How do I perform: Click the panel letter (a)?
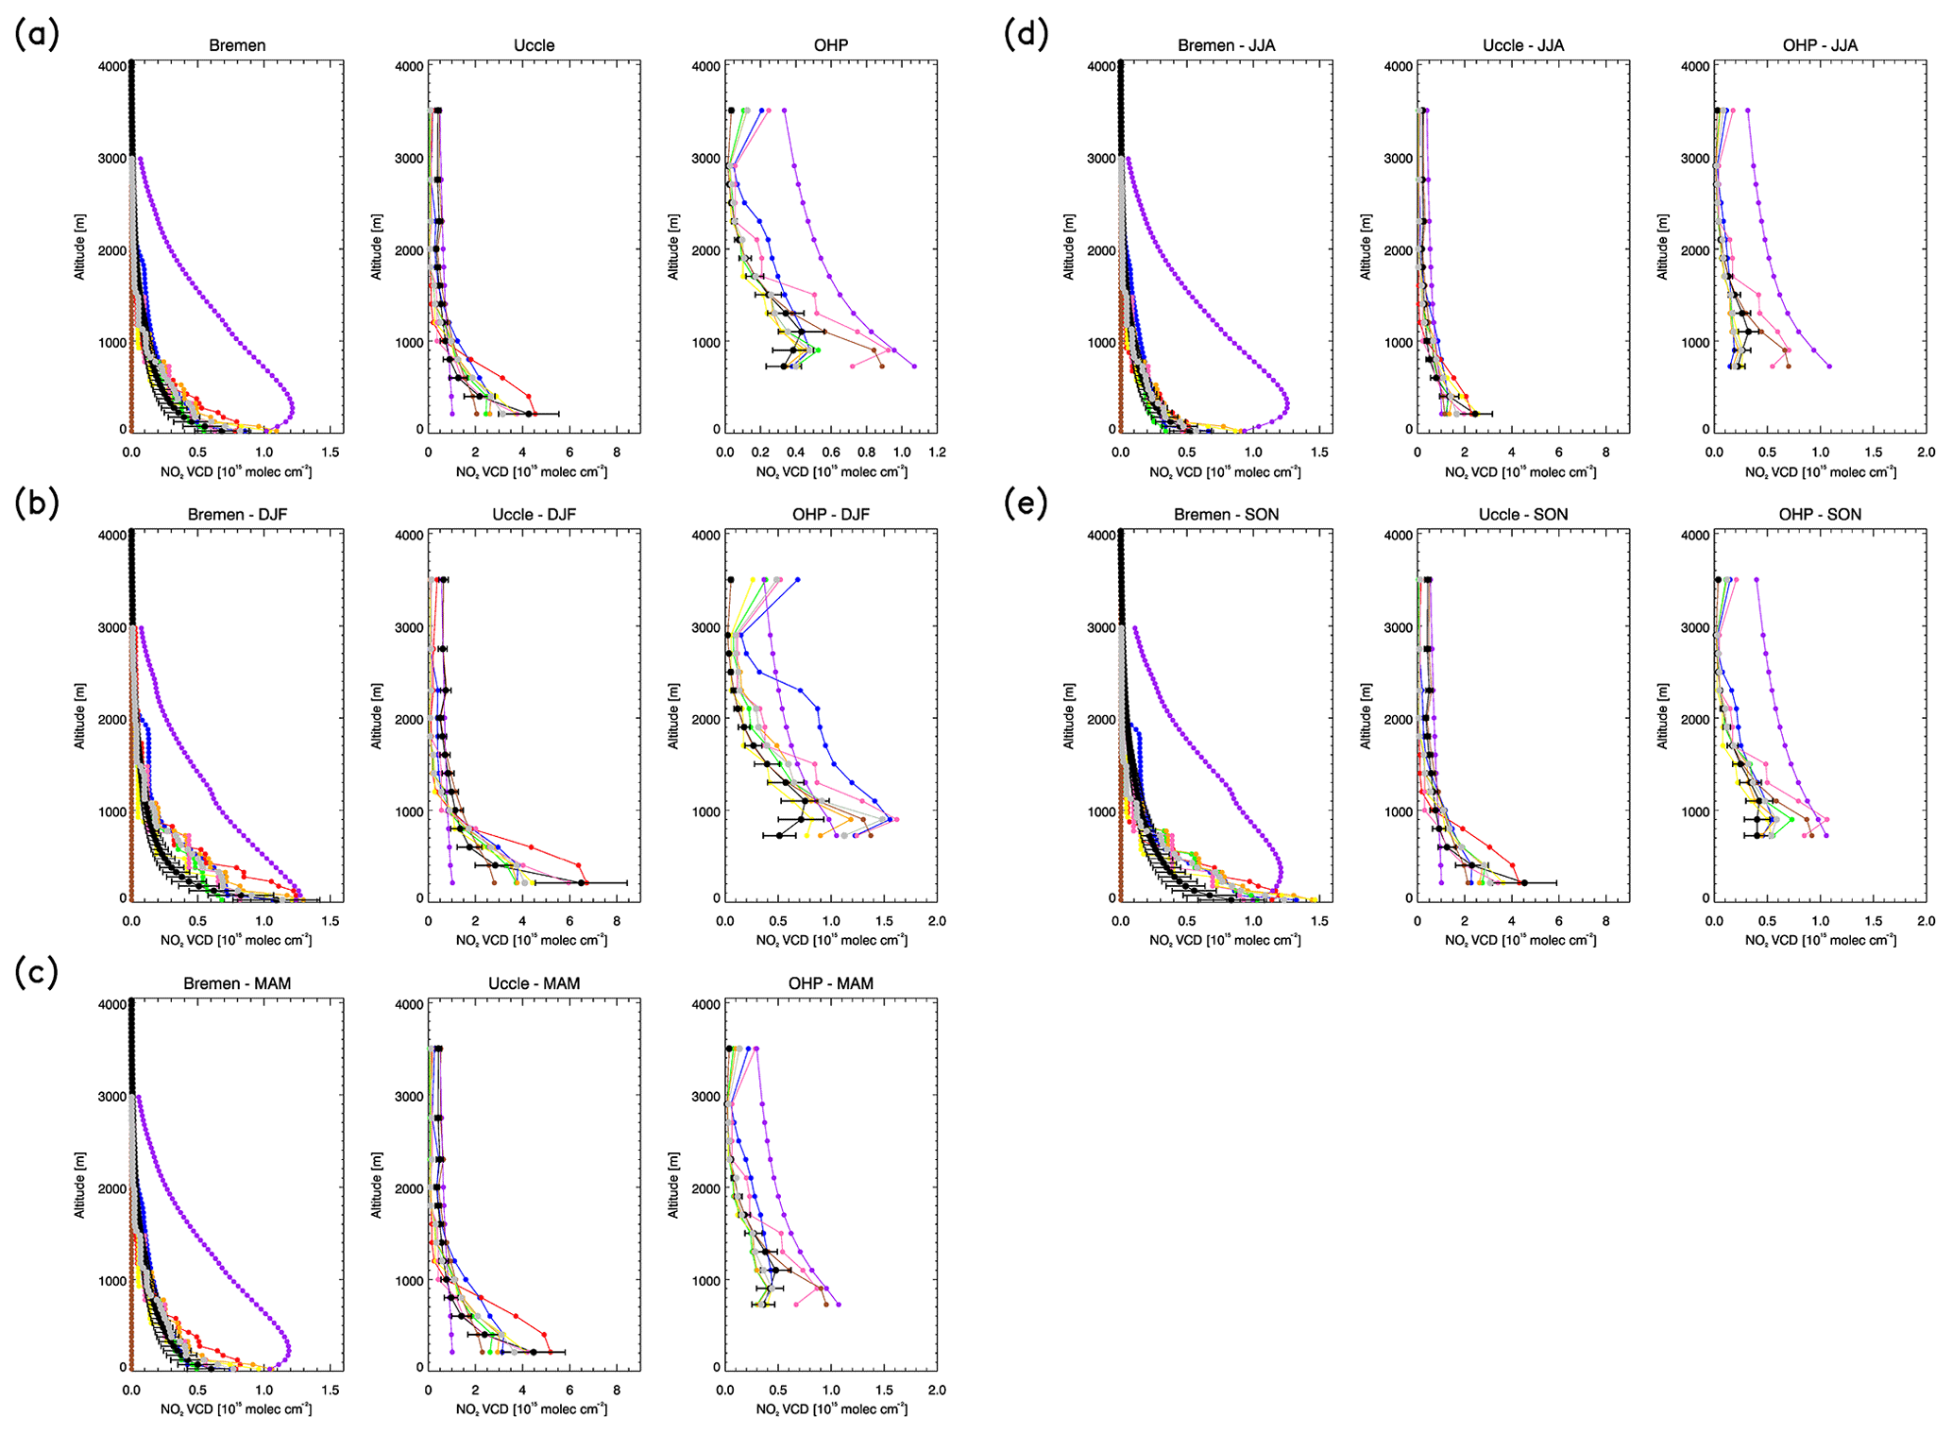tap(37, 35)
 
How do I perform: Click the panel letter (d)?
tap(1026, 35)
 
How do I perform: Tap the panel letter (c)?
tap(37, 972)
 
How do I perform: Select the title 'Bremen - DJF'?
tap(237, 515)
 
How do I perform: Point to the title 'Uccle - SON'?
tap(1522, 515)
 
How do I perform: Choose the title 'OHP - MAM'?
tap(830, 983)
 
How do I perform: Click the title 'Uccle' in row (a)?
tap(534, 45)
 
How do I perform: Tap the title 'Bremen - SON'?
tap(1226, 515)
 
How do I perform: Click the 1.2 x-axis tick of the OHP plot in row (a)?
tap(937, 452)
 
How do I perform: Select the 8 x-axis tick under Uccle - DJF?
tap(617, 921)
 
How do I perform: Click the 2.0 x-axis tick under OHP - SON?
tap(1926, 921)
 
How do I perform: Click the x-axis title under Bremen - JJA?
tap(1226, 471)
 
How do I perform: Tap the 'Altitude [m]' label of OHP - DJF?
tap(673, 716)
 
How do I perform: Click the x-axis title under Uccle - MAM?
tap(532, 1409)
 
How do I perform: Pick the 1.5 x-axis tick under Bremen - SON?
tap(1319, 921)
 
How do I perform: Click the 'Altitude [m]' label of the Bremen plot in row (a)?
tap(80, 247)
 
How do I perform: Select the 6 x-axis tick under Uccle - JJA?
tap(1558, 452)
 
